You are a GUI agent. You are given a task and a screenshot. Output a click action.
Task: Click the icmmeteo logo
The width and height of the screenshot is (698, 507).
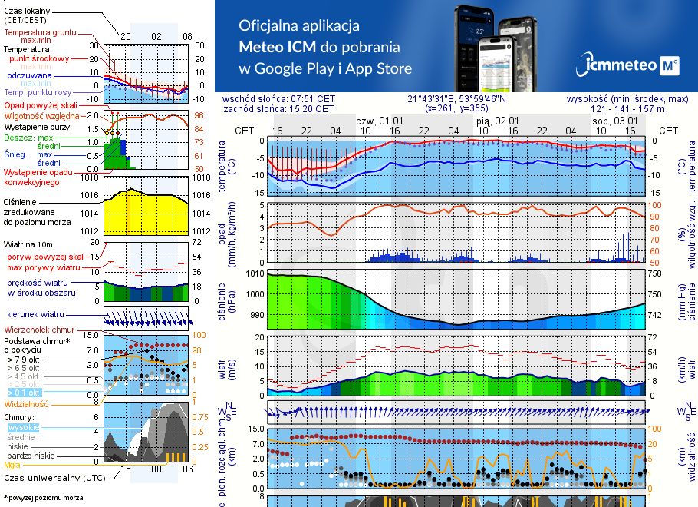tap(631, 65)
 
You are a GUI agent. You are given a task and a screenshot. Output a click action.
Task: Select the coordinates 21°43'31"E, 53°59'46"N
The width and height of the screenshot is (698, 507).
tap(456, 99)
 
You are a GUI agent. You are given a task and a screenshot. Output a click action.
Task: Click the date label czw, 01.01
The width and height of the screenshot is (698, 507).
tap(380, 121)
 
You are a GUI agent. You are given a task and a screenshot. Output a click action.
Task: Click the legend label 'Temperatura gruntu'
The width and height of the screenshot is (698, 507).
tap(39, 33)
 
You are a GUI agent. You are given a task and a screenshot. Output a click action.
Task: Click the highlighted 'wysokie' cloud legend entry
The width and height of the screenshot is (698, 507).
tap(23, 427)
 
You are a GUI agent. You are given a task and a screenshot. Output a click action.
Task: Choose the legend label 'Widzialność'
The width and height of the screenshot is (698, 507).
tap(27, 403)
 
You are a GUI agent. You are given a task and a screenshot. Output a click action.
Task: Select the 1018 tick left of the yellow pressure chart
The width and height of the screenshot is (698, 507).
tap(90, 178)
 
